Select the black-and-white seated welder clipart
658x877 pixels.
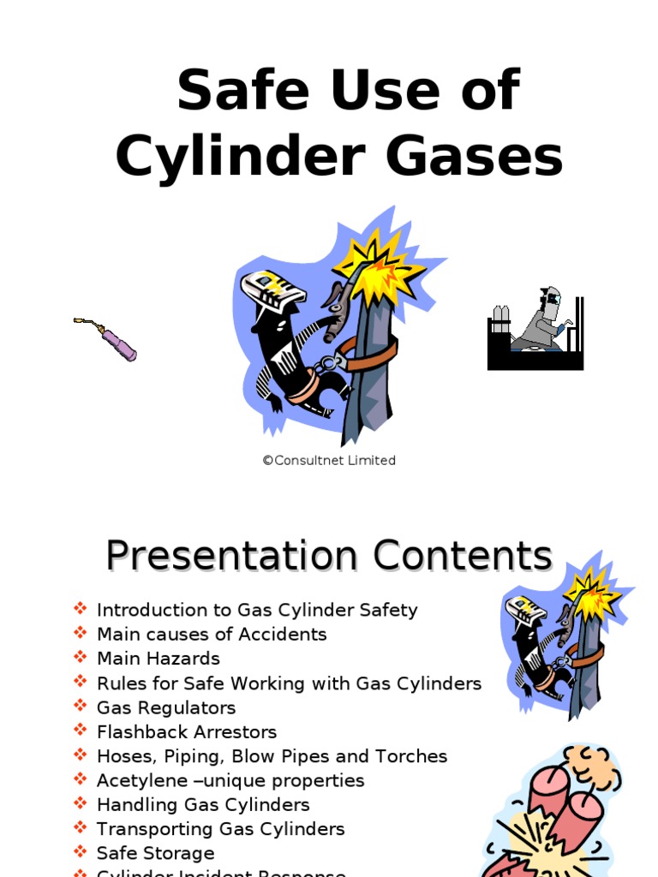point(535,332)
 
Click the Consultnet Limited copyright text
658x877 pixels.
point(329,461)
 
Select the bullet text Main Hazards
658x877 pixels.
point(158,659)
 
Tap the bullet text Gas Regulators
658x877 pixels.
point(166,707)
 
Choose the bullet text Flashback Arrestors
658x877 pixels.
point(187,732)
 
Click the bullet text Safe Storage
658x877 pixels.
point(155,854)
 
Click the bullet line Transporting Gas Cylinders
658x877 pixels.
point(220,829)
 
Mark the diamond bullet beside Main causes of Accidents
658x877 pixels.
point(81,633)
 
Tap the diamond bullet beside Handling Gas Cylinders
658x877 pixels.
point(81,803)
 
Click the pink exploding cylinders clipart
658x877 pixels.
point(561,814)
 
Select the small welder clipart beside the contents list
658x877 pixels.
point(561,642)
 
